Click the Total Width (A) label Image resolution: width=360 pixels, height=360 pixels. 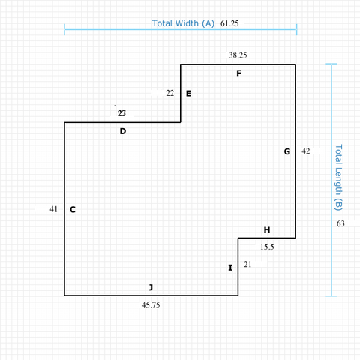(183, 23)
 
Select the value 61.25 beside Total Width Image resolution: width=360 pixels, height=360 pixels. (229, 23)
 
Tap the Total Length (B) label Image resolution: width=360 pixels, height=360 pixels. (338, 178)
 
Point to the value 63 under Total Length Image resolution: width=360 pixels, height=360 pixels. (340, 223)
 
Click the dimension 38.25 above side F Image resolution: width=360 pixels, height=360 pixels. (238, 55)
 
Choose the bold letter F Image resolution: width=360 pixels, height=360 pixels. (239, 73)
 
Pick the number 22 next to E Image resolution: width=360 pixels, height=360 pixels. (170, 93)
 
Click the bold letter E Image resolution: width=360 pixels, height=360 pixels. (188, 94)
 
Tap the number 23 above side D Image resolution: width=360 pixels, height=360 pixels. (121, 113)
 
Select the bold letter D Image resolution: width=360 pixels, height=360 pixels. (123, 131)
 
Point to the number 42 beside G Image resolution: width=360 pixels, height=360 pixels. (306, 151)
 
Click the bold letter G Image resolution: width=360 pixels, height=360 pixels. (287, 151)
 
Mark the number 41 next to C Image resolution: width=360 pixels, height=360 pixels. (53, 209)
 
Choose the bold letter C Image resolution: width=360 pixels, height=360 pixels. (73, 209)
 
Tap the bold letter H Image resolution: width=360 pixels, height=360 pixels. (267, 229)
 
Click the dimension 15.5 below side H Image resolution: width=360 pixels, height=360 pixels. (267, 247)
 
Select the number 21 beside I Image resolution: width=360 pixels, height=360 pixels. (247, 264)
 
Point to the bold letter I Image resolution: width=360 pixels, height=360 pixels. (230, 268)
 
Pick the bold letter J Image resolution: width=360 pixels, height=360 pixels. (151, 287)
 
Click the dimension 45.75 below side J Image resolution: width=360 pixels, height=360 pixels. (151, 305)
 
